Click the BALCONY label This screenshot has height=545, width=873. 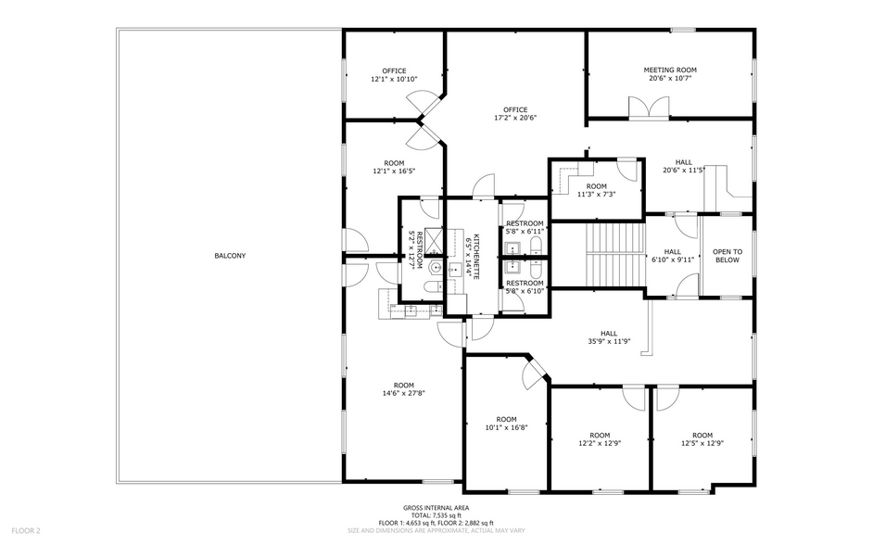(x=230, y=256)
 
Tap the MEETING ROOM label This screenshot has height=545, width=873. (x=670, y=70)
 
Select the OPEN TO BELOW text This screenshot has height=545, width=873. (x=727, y=256)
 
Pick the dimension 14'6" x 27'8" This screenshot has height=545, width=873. (x=403, y=393)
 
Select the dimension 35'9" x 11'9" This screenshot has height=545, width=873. (x=608, y=341)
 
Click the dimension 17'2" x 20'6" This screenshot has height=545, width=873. (x=515, y=118)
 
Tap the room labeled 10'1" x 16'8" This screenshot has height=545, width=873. (x=506, y=423)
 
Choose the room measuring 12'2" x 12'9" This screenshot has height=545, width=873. (x=600, y=439)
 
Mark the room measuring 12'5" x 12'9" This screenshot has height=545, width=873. (x=702, y=439)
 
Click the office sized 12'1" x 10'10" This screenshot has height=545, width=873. (x=394, y=75)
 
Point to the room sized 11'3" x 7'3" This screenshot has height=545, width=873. (x=596, y=191)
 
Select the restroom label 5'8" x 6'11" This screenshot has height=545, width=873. (x=524, y=228)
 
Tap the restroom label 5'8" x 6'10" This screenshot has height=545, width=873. (x=524, y=287)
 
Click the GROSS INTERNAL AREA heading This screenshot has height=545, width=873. (x=435, y=508)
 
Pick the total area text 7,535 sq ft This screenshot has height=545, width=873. (x=435, y=515)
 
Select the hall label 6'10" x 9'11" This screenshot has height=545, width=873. (x=672, y=256)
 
